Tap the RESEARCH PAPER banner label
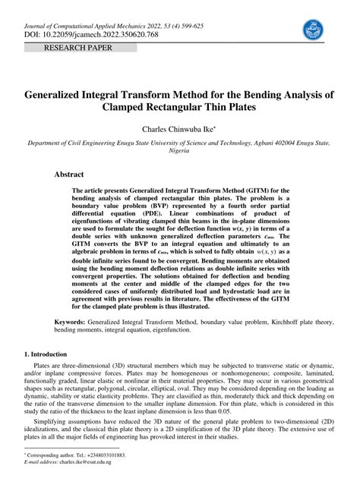point(80,48)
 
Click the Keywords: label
point(69,322)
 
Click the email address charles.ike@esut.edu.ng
point(85,461)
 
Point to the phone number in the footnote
point(105,455)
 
